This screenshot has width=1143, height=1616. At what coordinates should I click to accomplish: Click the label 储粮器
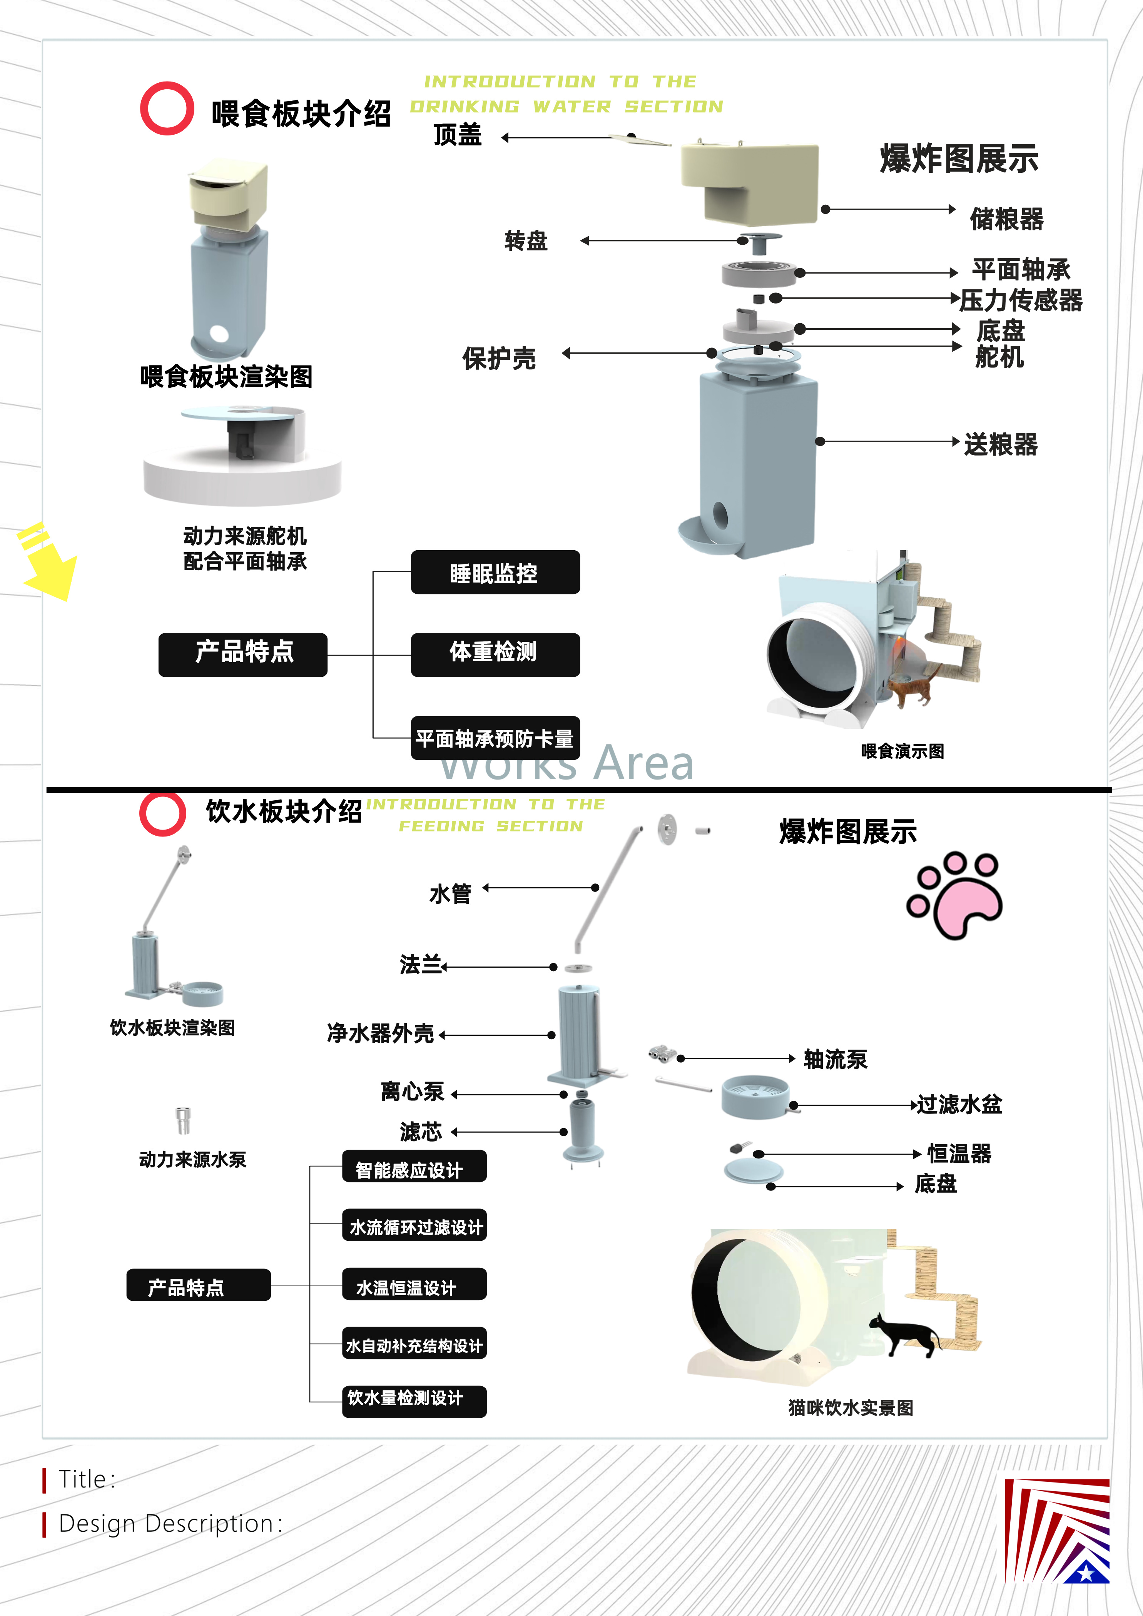click(1006, 219)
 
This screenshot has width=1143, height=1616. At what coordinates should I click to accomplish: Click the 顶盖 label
click(458, 134)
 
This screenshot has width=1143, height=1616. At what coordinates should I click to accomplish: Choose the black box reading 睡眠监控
click(495, 573)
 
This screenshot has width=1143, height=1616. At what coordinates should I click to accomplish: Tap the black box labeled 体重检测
click(495, 654)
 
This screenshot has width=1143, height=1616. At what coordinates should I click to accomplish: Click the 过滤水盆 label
click(959, 1104)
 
